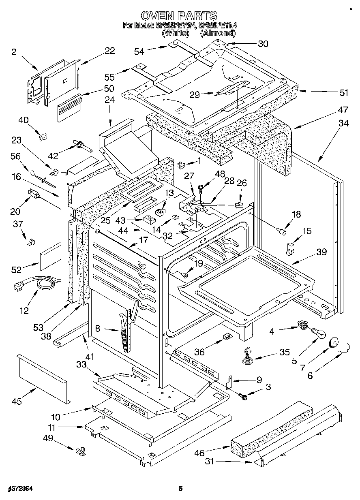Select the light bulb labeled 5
[319, 334]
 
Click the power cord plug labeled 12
[18, 287]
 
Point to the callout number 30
[263, 44]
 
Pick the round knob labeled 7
[334, 342]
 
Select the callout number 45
[17, 402]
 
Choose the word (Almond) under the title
[219, 33]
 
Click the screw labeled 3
[244, 397]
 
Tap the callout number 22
[109, 51]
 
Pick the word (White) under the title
[176, 33]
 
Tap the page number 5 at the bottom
[180, 489]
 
